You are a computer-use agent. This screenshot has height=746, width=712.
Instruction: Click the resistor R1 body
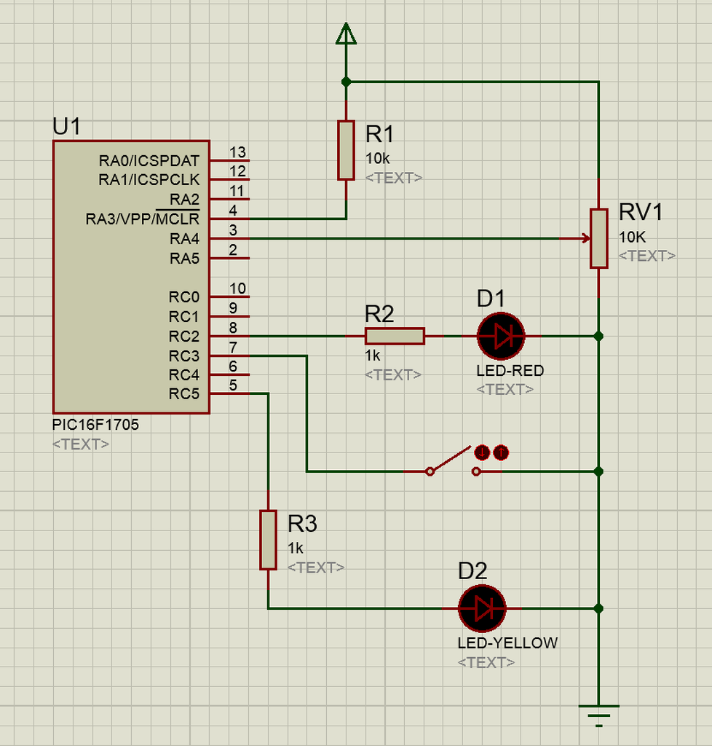346,150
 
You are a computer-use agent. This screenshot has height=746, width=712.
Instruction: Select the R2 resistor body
395,336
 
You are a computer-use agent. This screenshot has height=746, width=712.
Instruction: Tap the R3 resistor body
268,540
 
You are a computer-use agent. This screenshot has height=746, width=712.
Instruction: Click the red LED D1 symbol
500,336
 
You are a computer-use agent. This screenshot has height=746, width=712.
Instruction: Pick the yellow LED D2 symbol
482,608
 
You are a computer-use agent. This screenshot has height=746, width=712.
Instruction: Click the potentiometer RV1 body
599,238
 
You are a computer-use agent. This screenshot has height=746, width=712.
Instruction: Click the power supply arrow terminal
346,34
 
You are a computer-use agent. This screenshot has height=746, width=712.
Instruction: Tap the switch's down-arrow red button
482,452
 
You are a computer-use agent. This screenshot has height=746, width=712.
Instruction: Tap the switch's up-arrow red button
501,452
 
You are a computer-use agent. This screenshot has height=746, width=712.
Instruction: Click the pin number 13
237,152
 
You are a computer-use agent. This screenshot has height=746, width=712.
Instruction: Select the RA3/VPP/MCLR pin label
143,219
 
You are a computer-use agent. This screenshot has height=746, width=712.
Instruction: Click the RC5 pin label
184,394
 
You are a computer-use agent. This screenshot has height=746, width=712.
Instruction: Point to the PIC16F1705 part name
95,425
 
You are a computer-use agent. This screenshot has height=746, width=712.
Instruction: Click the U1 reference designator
66,127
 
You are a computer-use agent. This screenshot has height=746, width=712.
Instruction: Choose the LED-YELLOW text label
507,643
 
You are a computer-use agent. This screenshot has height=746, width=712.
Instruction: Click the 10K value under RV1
632,237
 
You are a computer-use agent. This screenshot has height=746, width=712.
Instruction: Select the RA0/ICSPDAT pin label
149,161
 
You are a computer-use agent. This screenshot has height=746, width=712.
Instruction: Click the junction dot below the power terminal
346,82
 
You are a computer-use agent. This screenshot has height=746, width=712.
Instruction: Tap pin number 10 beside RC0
237,288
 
